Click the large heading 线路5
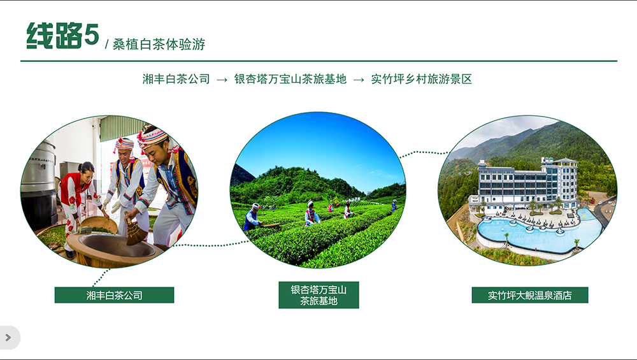pyautogui.click(x=62, y=35)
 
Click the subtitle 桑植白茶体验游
pyautogui.click(x=159, y=45)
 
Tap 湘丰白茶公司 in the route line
pyautogui.click(x=176, y=79)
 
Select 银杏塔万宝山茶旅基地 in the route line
pyautogui.click(x=290, y=79)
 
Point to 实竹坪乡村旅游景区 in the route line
pyautogui.click(x=421, y=79)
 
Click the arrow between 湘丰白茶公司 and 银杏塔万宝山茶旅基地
pyautogui.click(x=222, y=80)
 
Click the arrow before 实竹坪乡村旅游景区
pyautogui.click(x=359, y=80)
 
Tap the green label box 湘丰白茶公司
pyautogui.click(x=114, y=295)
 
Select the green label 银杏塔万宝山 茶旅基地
pyautogui.click(x=318, y=295)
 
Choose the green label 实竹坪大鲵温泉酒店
pyautogui.click(x=530, y=295)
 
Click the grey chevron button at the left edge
pyautogui.click(x=9, y=337)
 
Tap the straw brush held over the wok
pyautogui.click(x=135, y=231)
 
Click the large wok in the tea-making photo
pyautogui.click(x=114, y=248)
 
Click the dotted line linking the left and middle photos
pyautogui.click(x=211, y=244)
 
